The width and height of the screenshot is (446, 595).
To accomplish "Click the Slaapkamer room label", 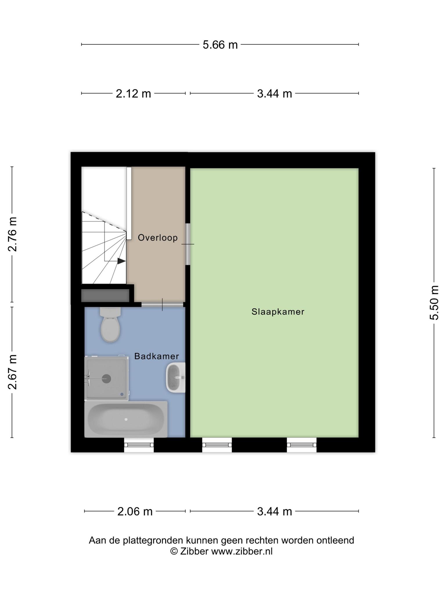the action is tap(278, 312).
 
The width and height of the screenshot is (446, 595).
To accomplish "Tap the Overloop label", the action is tap(158, 238).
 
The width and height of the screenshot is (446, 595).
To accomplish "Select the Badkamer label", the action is tap(157, 356).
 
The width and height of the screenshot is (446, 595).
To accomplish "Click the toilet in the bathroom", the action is tap(110, 324).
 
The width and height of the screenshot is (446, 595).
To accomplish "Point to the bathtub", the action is tap(126, 419).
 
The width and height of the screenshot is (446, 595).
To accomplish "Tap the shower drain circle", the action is tap(107, 379).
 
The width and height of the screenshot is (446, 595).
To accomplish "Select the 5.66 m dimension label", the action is tap(220, 45).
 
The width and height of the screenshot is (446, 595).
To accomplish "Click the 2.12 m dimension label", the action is tap(133, 94).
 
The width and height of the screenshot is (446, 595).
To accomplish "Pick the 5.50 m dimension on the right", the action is tap(434, 302).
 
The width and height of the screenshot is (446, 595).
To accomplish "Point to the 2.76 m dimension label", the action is tap(12, 234).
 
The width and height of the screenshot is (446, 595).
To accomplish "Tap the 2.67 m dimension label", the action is tap(12, 372).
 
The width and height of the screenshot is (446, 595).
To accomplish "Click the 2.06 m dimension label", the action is tap(135, 511).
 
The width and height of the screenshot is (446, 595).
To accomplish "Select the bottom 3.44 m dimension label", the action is tap(274, 511).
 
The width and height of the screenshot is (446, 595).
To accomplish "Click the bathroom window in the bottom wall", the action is tap(139, 445).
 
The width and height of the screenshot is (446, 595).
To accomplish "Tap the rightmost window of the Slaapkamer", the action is tap(302, 445).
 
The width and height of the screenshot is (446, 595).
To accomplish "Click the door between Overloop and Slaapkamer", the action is tap(188, 244).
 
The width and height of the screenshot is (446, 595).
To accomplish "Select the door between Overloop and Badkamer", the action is tap(162, 304).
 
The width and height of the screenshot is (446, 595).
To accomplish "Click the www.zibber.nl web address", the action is tap(242, 551).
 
